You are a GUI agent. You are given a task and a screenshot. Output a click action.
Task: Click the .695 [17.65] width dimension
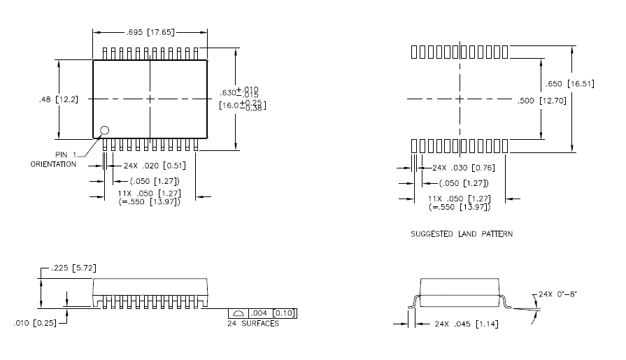click(150, 33)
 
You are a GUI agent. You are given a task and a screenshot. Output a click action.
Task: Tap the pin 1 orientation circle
click(105, 130)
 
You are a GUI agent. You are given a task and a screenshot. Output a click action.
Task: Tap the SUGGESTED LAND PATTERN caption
click(461, 233)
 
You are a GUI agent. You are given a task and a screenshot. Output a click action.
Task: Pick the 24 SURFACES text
click(253, 324)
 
